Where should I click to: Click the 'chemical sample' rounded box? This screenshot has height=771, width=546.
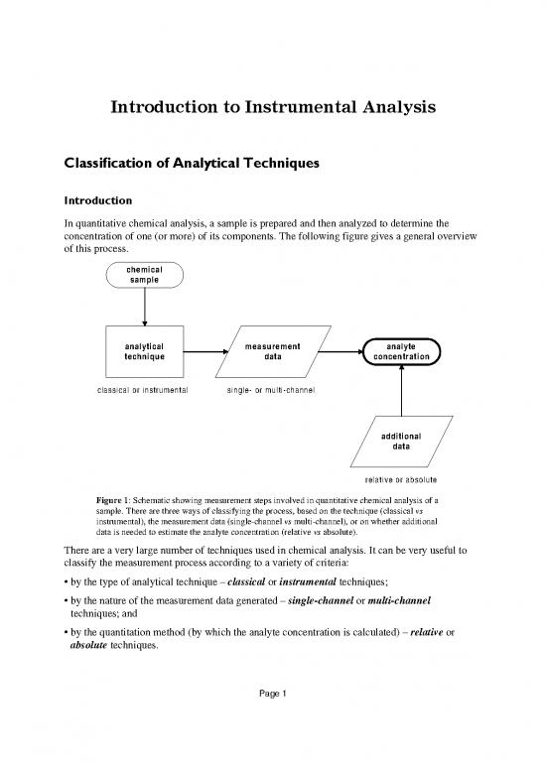(x=145, y=274)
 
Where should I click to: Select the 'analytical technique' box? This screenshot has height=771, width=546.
(x=145, y=350)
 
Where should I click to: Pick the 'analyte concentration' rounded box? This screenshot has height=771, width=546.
(x=401, y=350)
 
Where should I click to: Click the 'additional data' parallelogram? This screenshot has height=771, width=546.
(x=401, y=441)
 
